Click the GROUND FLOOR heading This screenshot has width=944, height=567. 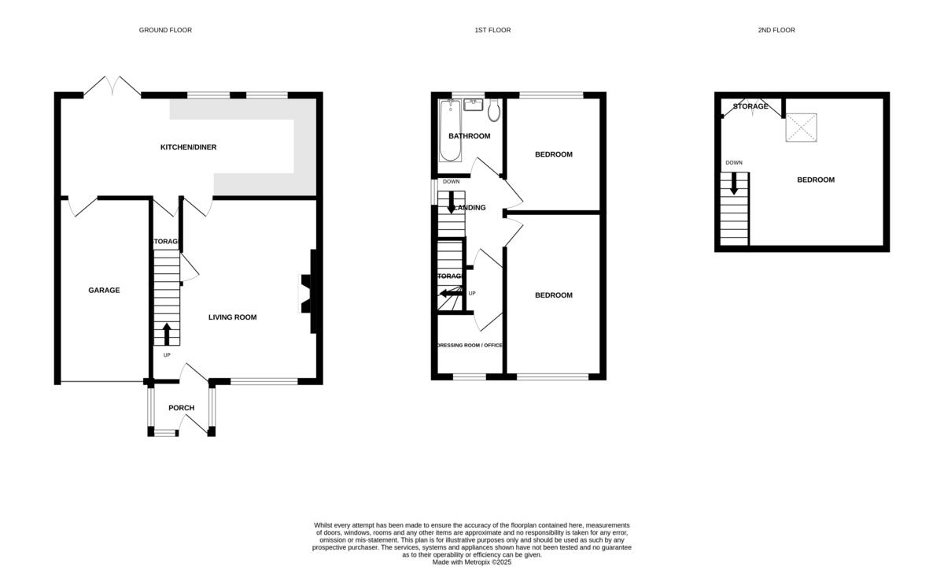(x=165, y=30)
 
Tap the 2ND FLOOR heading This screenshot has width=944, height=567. (x=776, y=30)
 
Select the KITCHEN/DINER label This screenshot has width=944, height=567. (x=188, y=147)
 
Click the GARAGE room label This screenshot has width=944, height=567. (x=104, y=291)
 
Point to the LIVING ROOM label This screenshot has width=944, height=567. (x=232, y=317)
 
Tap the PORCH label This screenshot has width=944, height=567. (x=181, y=408)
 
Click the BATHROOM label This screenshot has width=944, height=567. (x=469, y=136)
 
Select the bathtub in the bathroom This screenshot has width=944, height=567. (x=450, y=130)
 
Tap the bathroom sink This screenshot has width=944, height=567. (x=474, y=102)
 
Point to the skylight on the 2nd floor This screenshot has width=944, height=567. (x=801, y=128)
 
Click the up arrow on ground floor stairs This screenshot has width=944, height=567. (x=166, y=332)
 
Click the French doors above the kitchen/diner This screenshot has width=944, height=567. (x=112, y=87)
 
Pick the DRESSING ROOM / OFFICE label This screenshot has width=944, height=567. (x=469, y=345)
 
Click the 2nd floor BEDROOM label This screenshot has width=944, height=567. (x=816, y=180)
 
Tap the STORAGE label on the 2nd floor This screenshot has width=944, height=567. (x=750, y=106)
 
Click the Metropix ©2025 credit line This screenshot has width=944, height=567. (x=472, y=562)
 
